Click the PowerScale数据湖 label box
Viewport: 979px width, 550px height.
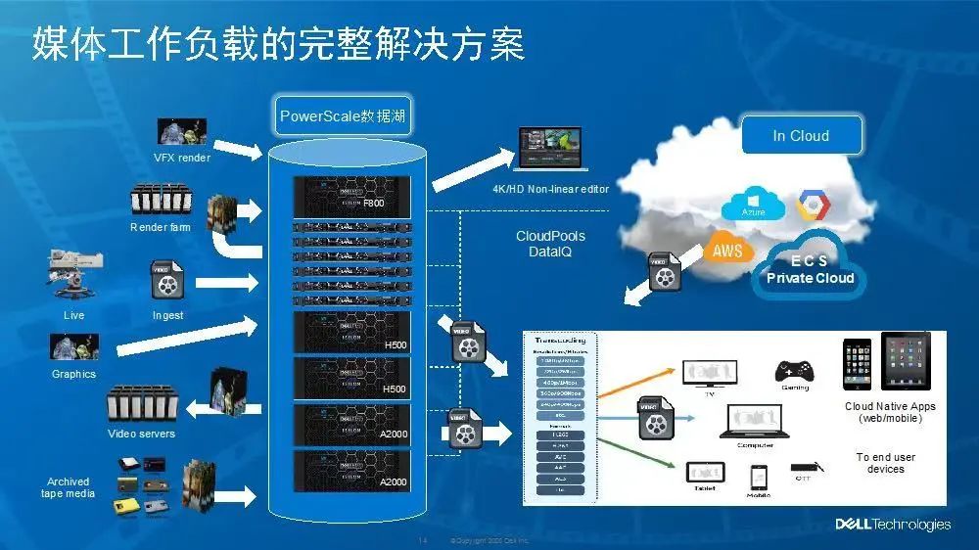click(x=341, y=116)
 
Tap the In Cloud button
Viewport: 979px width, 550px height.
click(x=801, y=135)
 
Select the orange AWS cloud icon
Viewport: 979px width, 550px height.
click(x=727, y=251)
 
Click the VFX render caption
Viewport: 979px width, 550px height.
click(x=182, y=158)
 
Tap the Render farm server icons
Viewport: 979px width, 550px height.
click(x=160, y=200)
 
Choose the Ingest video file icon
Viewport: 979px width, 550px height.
click(x=167, y=280)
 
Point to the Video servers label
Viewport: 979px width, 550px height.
click(x=142, y=434)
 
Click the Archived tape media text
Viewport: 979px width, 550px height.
click(x=68, y=487)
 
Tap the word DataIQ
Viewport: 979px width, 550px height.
click(x=550, y=252)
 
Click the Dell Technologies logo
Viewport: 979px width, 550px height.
click(x=893, y=525)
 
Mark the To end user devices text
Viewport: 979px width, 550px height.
click(x=885, y=463)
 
